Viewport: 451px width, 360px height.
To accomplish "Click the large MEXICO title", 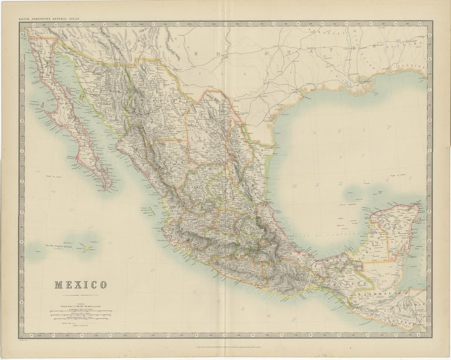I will pos(81,285).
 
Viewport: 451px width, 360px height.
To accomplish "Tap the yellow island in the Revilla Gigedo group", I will pos(86,248).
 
